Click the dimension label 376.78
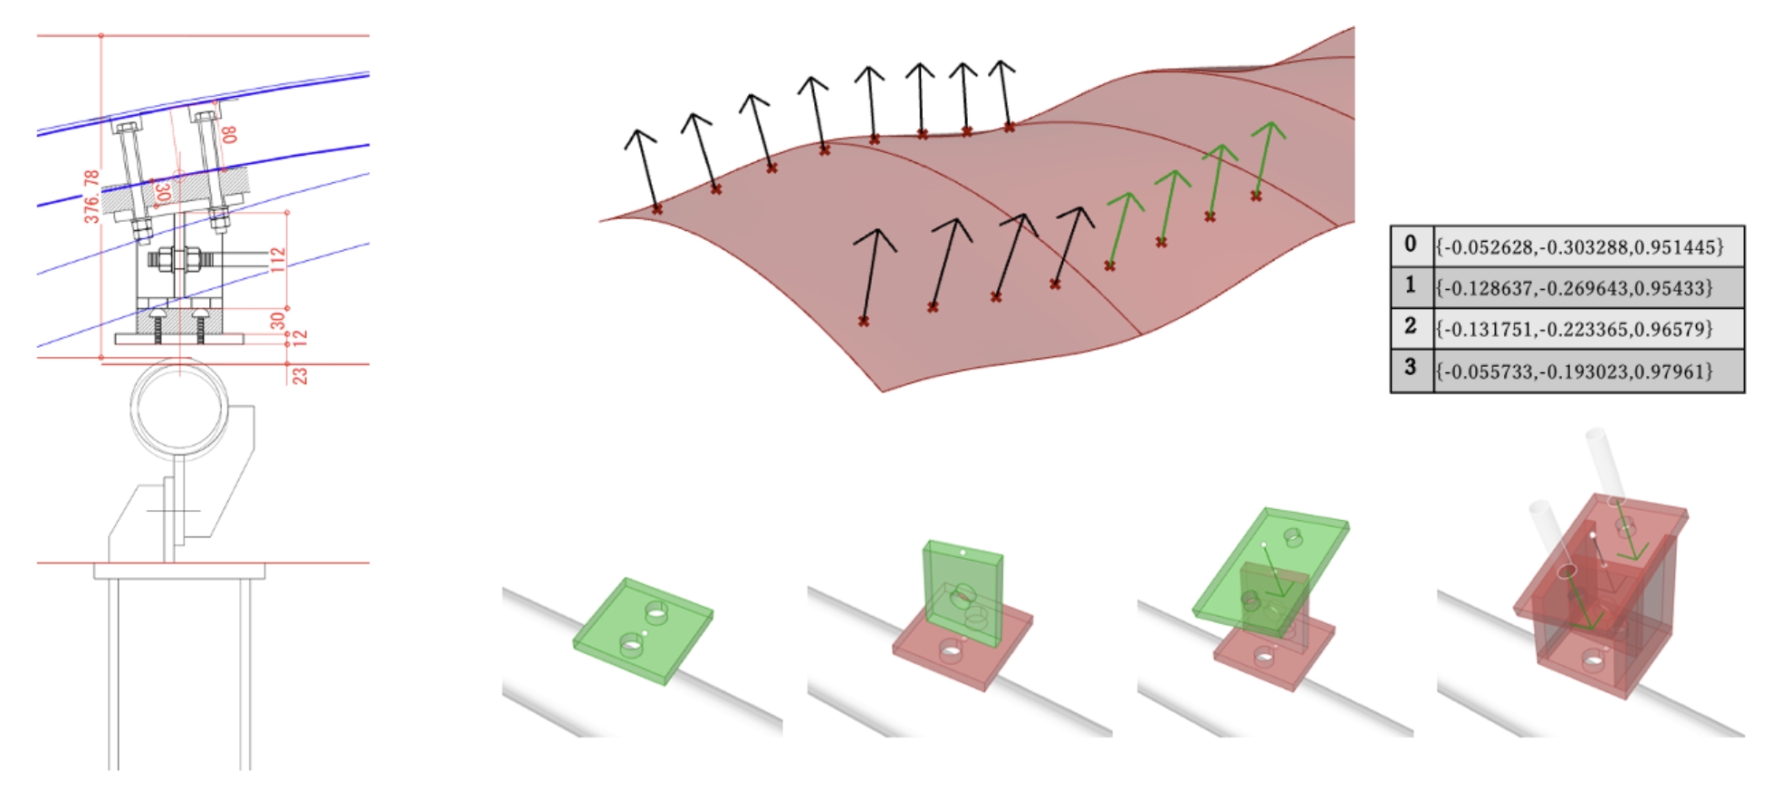[x=91, y=196]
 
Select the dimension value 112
[x=278, y=259]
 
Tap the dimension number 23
[x=300, y=374]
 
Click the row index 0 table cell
[x=1411, y=245]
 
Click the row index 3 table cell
[x=1411, y=370]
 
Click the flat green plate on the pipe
[x=643, y=630]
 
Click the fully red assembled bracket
[x=1598, y=598]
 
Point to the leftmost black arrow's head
[x=640, y=139]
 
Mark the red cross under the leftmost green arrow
[x=1110, y=265]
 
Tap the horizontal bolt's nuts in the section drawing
[x=177, y=260]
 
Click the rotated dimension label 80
[x=229, y=134]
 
